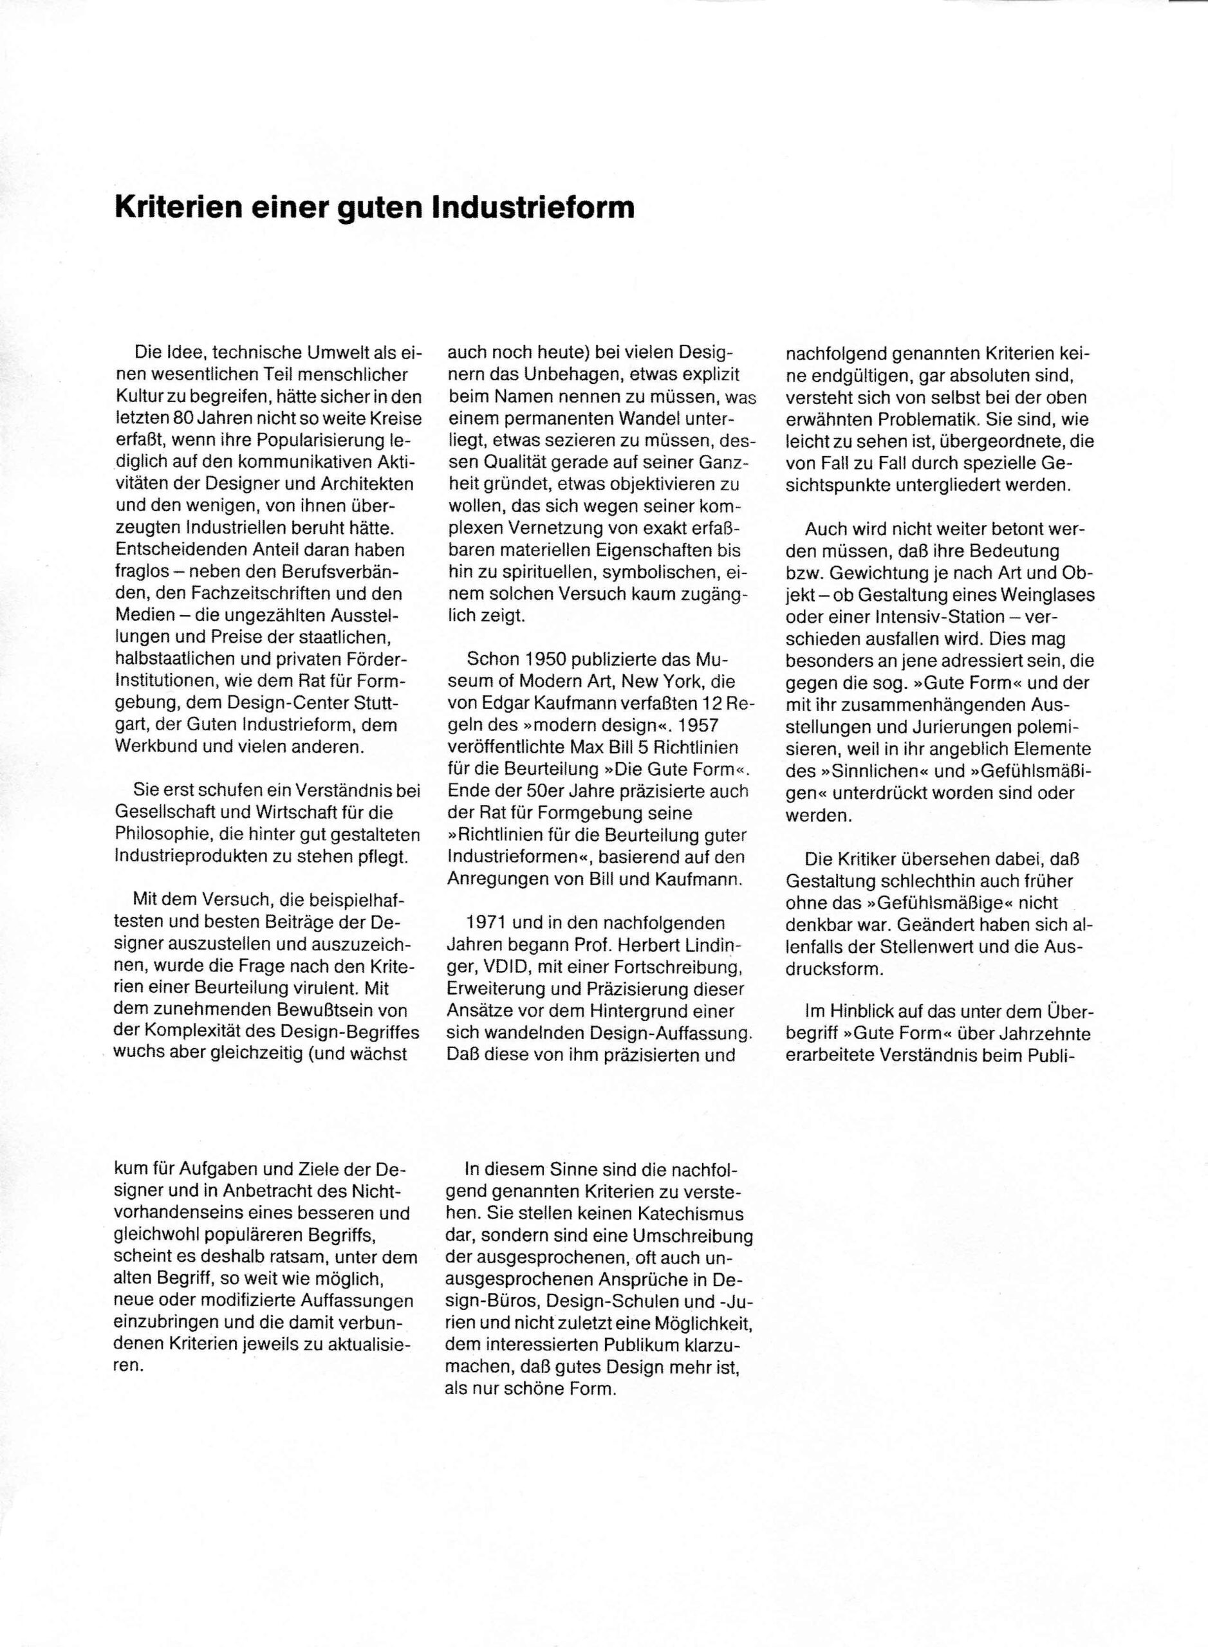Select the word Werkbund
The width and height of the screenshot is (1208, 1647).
tap(154, 747)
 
